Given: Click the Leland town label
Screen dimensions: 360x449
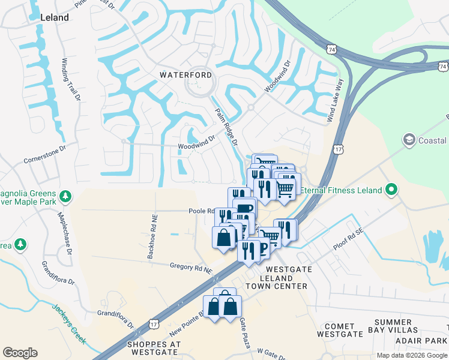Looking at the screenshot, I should point(54,18).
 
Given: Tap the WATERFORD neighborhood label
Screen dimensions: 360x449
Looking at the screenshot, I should point(185,75).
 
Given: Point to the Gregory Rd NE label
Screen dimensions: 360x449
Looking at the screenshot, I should point(191,268).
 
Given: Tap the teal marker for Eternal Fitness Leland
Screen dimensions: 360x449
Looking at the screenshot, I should point(391,190).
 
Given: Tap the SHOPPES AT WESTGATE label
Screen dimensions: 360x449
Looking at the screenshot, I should point(154,348).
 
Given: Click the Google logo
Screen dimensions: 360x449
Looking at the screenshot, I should point(20,353).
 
